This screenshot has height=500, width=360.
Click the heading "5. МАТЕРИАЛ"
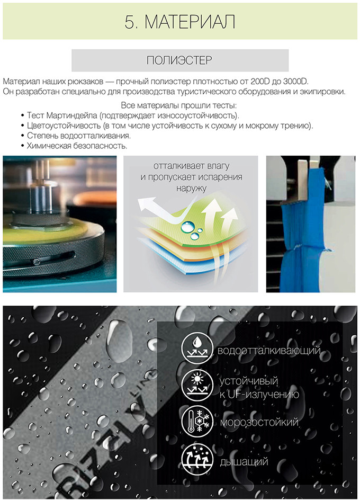(x=180, y=22)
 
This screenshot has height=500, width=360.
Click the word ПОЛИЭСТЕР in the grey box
(x=179, y=60)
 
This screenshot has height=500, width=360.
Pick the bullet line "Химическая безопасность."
(x=77, y=146)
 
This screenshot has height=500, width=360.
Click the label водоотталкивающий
(x=269, y=351)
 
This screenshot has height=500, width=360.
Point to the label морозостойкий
(x=259, y=423)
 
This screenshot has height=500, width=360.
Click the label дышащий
(x=244, y=462)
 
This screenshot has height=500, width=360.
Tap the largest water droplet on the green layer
(x=186, y=227)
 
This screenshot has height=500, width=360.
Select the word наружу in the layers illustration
(x=191, y=188)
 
